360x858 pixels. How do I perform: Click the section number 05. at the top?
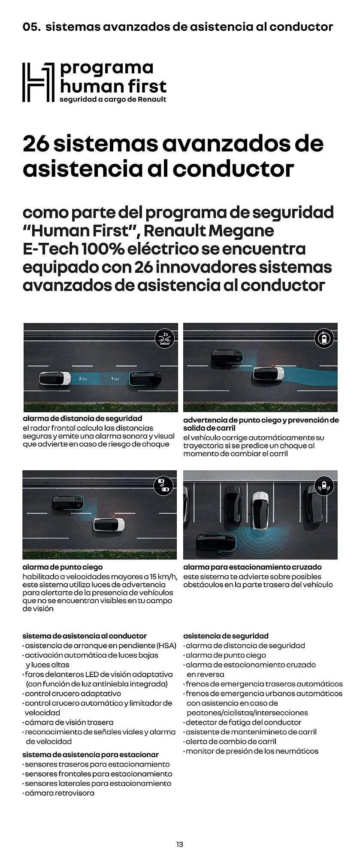(x=31, y=27)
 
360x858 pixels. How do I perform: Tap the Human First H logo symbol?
(x=39, y=82)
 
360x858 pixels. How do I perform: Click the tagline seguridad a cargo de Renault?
(x=113, y=100)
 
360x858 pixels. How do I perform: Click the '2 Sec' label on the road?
(x=83, y=379)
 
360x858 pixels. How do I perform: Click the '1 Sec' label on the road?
(x=115, y=379)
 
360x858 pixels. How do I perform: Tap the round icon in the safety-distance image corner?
(x=165, y=339)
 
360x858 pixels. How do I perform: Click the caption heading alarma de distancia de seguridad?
(x=82, y=418)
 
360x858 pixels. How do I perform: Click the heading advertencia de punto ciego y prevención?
(x=260, y=420)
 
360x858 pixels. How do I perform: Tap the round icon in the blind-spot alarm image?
(x=163, y=485)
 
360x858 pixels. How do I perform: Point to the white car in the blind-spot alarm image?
(x=109, y=524)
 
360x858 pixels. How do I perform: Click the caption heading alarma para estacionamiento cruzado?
(x=252, y=567)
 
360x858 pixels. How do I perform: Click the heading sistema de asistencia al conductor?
(x=85, y=636)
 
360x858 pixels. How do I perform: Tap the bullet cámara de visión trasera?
(x=69, y=722)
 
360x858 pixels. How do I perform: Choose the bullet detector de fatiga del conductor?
(x=243, y=722)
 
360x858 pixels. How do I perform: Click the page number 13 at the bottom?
(x=180, y=845)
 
